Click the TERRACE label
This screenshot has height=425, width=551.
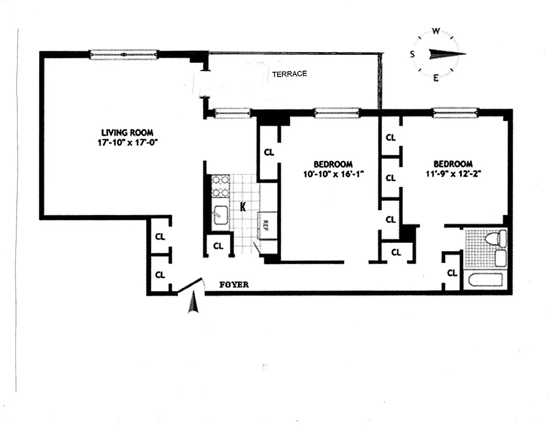point(289,74)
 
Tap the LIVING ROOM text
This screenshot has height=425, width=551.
point(128,132)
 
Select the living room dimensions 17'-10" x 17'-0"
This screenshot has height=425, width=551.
point(128,142)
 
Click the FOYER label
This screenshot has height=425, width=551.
point(234,285)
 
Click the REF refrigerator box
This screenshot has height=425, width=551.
point(263,224)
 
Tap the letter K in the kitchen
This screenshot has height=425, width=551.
point(243,207)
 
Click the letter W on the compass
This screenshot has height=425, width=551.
point(435,31)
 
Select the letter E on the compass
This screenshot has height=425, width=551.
point(435,78)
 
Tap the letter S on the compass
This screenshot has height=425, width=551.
point(412,54)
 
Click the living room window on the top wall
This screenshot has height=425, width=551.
point(123,54)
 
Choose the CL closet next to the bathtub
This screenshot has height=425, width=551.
point(452,273)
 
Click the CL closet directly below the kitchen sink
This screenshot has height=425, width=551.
point(218,245)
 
